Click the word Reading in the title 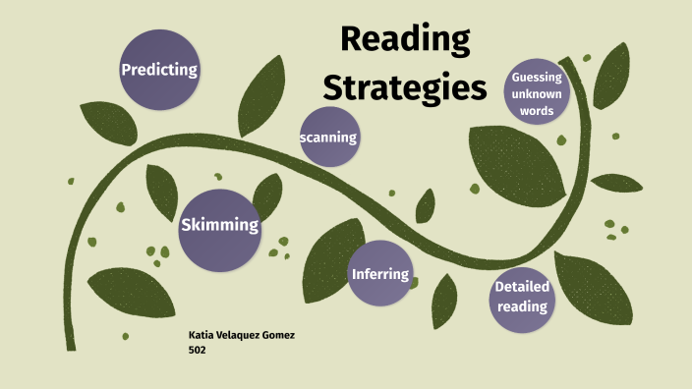pyautogui.click(x=405, y=41)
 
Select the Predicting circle pyautogui.click(x=159, y=70)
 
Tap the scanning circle pyautogui.click(x=328, y=138)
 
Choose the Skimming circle pyautogui.click(x=219, y=226)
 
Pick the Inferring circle pyautogui.click(x=380, y=273)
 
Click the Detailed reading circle pyautogui.click(x=521, y=297)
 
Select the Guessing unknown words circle pyautogui.click(x=538, y=93)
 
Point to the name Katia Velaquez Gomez pyautogui.click(x=241, y=336)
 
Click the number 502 pyautogui.click(x=197, y=350)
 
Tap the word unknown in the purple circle pyautogui.click(x=538, y=93)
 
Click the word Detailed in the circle pyautogui.click(x=522, y=287)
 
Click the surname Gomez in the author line pyautogui.click(x=277, y=336)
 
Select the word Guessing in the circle pyautogui.click(x=538, y=77)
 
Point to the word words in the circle pyautogui.click(x=538, y=110)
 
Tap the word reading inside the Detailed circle pyautogui.click(x=521, y=306)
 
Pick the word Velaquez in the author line pyautogui.click(x=239, y=336)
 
